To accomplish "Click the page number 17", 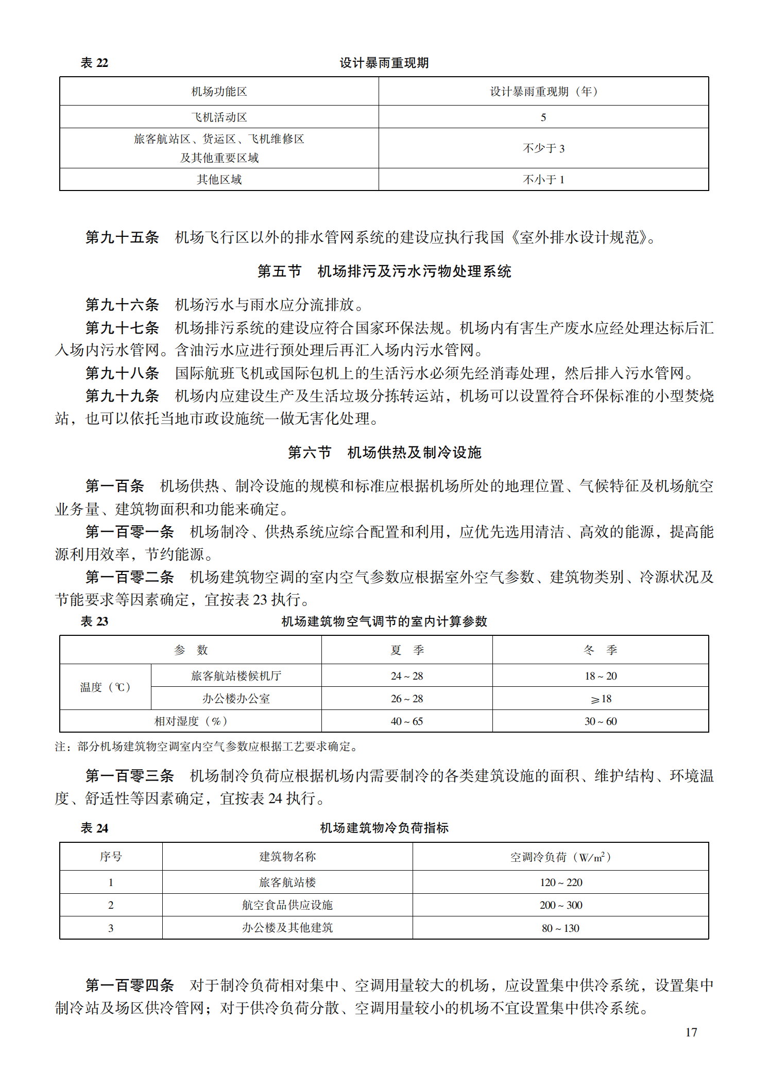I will pos(691,1032).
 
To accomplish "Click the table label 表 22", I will pos(94,63).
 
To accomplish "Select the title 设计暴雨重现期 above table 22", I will pos(384,63).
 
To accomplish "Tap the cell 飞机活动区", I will pos(219,117).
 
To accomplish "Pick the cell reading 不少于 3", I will pos(543,148).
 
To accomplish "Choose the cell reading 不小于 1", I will pos(543,180).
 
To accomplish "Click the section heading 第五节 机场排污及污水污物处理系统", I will pos(384,271).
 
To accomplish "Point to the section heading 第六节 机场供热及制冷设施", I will pos(384,453).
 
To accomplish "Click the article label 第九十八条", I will pos(122,373).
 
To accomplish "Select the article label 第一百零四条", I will pos(130,985).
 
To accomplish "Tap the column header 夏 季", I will pos(406,650).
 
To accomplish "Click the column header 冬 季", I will pos(600,650).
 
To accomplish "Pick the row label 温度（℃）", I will pos(105,687).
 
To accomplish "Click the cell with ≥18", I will pos(601,699).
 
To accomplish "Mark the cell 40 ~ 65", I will pos(406,721).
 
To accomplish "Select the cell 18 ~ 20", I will pos(601,676).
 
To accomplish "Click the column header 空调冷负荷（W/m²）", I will pos(560,857).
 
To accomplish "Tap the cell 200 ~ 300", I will pos(560,905).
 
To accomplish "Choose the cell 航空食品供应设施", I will pos(287,905).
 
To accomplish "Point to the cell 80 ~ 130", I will pos(560,928).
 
